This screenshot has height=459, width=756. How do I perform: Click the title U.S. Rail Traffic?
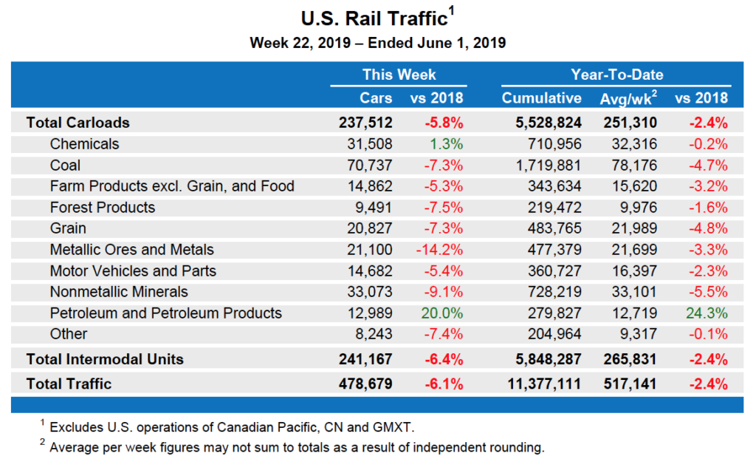[x=374, y=18]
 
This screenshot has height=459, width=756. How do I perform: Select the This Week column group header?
[x=399, y=75]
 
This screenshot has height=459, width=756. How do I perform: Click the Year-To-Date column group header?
[x=616, y=75]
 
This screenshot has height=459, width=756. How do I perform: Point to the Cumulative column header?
[x=541, y=98]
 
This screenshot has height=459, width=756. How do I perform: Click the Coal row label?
[x=66, y=165]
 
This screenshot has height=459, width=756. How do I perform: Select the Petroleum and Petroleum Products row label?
[x=165, y=313]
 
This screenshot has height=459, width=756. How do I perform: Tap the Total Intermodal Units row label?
[x=105, y=359]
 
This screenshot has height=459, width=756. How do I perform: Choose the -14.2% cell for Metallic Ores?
[x=440, y=250]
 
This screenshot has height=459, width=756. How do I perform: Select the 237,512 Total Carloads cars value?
[x=365, y=123]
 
